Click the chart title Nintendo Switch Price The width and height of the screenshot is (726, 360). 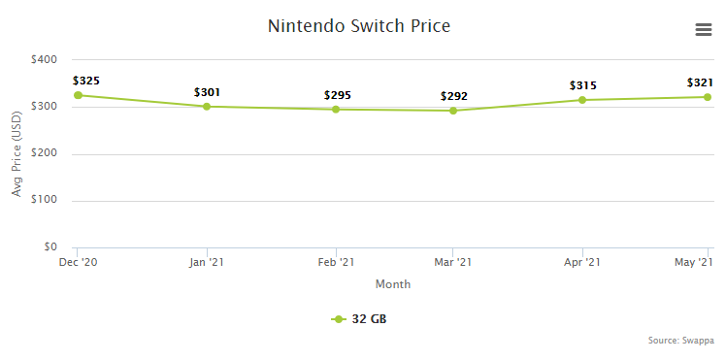tap(359, 26)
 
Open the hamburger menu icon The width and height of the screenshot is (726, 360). tap(704, 30)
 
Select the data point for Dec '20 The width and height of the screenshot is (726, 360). tap(77, 95)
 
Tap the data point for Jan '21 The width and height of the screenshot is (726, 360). tap(207, 107)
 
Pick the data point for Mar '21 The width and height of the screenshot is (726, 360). tap(453, 111)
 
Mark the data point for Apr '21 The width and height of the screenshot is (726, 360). tap(582, 100)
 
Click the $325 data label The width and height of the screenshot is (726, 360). tap(86, 80)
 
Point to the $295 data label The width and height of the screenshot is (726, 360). tap(337, 95)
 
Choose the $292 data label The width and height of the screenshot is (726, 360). tap(454, 96)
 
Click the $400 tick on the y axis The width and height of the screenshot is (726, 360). tap(44, 59)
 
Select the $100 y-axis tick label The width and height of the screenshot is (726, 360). tap(44, 201)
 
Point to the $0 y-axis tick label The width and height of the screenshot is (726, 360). tap(49, 247)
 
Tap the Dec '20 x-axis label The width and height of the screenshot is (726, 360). tap(77, 262)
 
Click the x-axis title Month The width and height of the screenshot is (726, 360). tap(392, 284)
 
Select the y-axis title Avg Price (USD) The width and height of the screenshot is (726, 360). tap(16, 153)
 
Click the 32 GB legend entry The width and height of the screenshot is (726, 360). tap(362, 319)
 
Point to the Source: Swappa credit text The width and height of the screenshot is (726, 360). tap(681, 341)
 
